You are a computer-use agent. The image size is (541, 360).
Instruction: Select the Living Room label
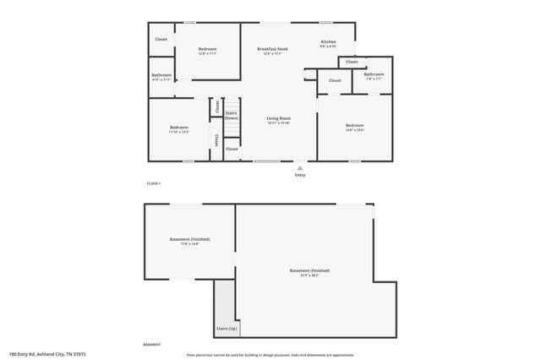point(278,120)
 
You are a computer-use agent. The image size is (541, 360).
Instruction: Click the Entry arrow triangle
point(299,168)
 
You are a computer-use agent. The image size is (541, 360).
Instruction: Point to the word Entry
point(299,175)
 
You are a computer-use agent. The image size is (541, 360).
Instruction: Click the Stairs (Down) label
point(231,115)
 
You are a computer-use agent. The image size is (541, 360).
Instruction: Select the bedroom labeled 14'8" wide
point(354,127)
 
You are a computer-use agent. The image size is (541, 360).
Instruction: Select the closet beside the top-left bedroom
point(161,40)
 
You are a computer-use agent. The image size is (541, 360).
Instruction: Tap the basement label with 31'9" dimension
point(309,273)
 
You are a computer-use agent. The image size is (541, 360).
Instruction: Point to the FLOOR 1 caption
point(153,183)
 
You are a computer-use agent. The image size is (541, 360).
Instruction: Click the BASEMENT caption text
point(152,345)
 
